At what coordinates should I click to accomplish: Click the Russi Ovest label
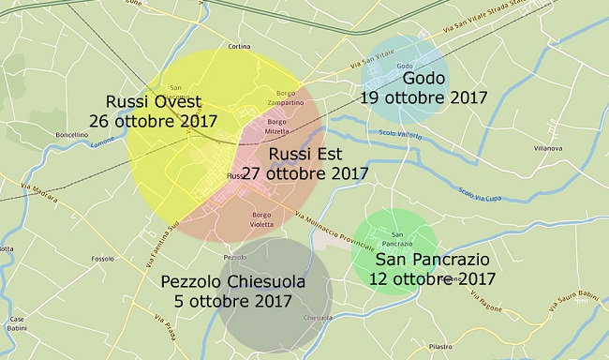tap(153, 102)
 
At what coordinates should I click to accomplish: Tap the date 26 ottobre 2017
tap(153, 122)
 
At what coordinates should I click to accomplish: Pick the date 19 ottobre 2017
tap(418, 97)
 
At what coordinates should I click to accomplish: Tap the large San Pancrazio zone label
tap(435, 260)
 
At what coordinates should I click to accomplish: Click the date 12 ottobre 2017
tap(435, 279)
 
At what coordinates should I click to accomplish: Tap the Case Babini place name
tap(10, 322)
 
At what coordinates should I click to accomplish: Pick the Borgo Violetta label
tap(260, 219)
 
